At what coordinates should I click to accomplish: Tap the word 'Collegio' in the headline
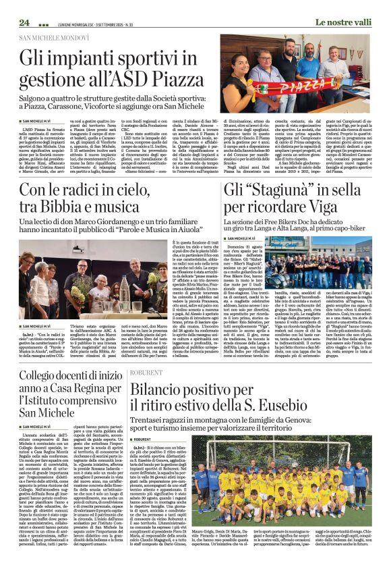[x=40, y=377]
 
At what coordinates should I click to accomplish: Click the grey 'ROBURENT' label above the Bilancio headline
[x=147, y=371]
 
